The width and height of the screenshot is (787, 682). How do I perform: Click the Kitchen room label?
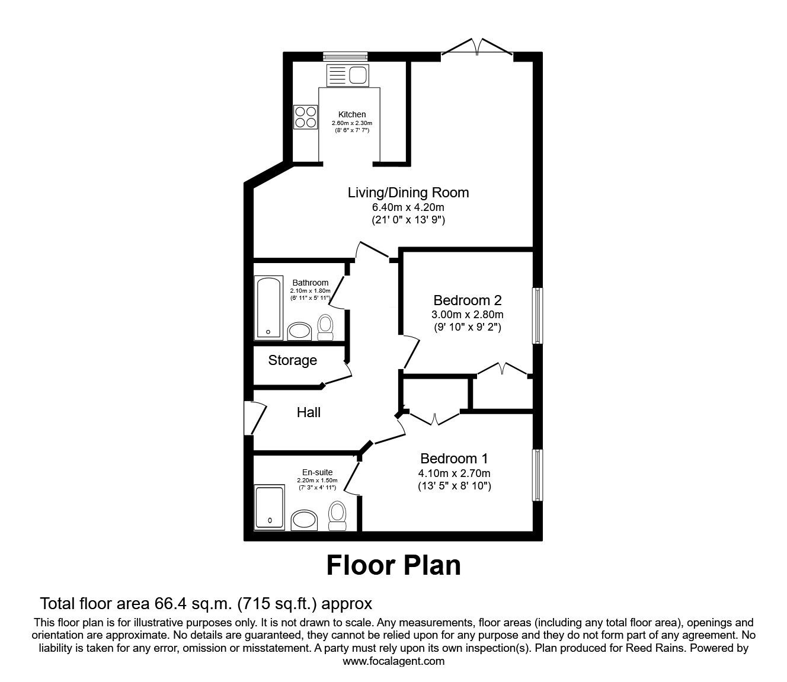pyautogui.click(x=352, y=114)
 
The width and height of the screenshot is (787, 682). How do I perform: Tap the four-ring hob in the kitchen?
pyautogui.click(x=305, y=117)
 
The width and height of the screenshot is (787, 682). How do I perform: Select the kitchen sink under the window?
pyautogui.click(x=347, y=75)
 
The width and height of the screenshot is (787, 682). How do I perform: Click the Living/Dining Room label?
pyautogui.click(x=408, y=193)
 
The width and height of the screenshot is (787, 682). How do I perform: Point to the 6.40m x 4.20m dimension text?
pyautogui.click(x=408, y=207)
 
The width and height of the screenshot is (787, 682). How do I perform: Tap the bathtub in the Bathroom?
pyautogui.click(x=269, y=308)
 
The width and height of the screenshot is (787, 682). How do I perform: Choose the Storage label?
pyautogui.click(x=292, y=360)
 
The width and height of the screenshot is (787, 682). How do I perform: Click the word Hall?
pyautogui.click(x=309, y=412)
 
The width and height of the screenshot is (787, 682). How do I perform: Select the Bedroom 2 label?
pyautogui.click(x=468, y=300)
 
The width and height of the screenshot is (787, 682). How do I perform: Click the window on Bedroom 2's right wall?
pyautogui.click(x=537, y=315)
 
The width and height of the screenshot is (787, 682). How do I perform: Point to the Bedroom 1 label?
pyautogui.click(x=454, y=459)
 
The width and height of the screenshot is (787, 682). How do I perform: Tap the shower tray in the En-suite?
pyautogui.click(x=270, y=507)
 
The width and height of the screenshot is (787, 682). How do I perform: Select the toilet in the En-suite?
pyautogui.click(x=337, y=515)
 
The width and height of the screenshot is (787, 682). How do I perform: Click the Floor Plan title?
pyautogui.click(x=393, y=565)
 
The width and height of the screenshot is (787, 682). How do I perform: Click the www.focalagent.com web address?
pyautogui.click(x=393, y=661)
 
